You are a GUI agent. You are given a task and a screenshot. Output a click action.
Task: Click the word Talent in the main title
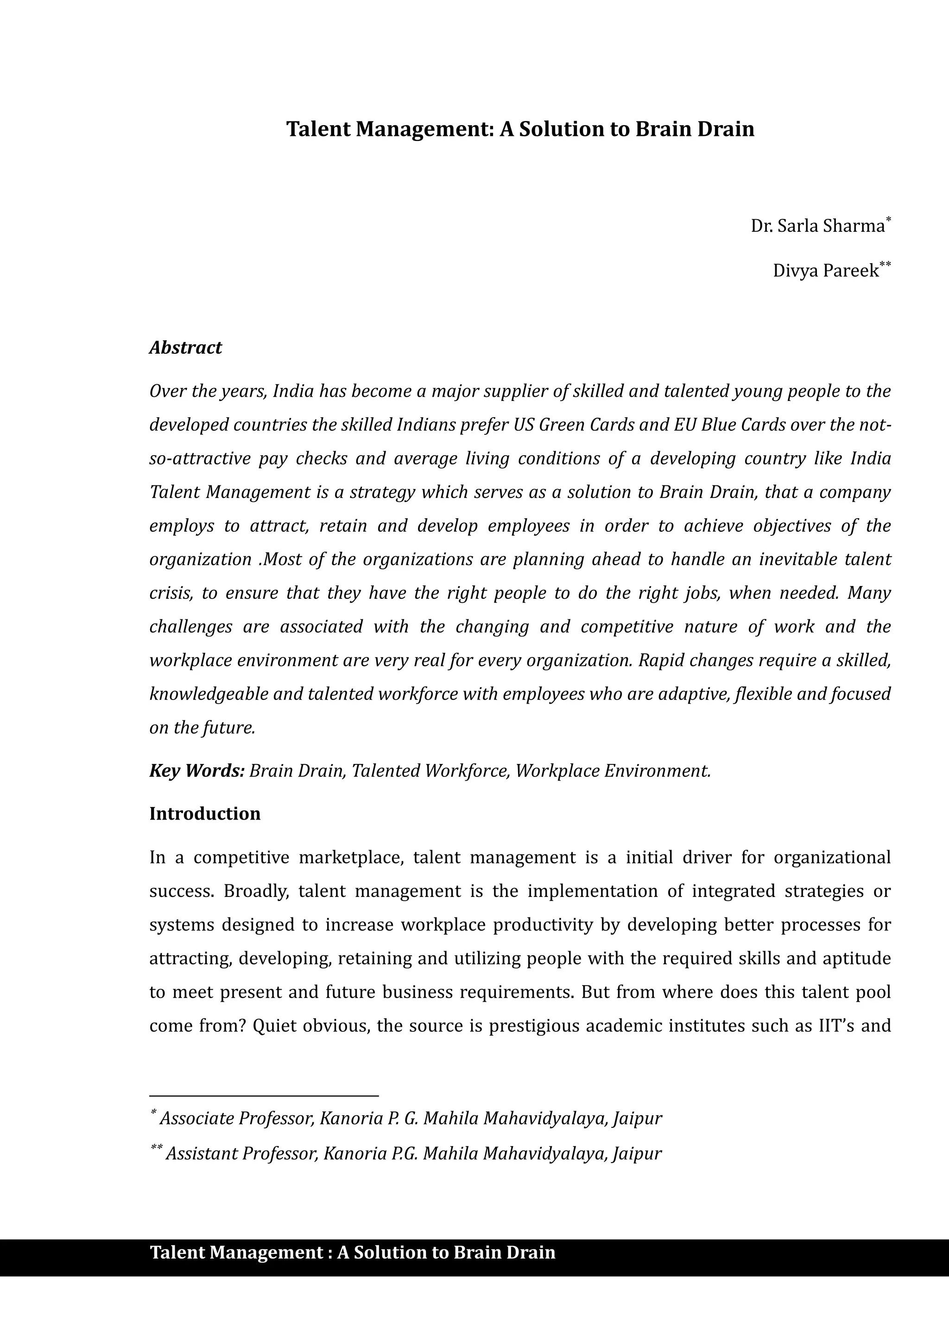pos(318,129)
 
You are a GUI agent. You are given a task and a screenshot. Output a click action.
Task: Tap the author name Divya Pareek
pos(825,271)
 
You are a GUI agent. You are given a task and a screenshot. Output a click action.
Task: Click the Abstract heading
pos(185,348)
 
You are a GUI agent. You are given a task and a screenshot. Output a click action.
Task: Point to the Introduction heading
pos(204,814)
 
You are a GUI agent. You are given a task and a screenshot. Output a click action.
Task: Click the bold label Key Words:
pos(196,771)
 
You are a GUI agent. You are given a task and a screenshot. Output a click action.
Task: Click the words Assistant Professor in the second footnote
pos(241,1153)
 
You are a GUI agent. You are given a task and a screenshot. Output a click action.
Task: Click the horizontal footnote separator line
pos(264,1096)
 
